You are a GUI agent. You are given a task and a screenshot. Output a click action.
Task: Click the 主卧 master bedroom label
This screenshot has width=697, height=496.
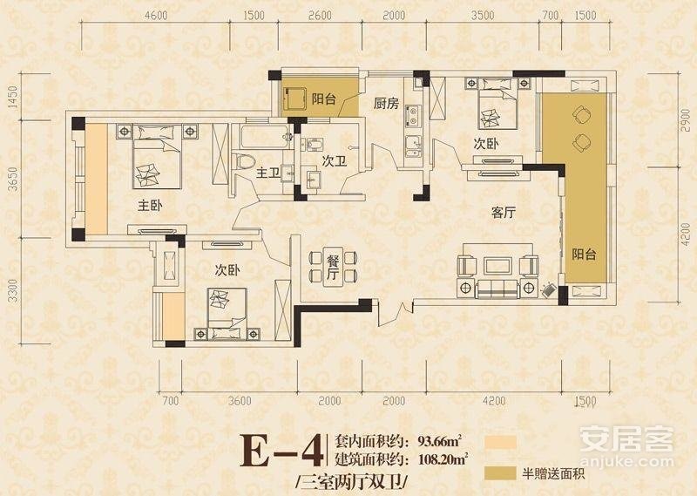tap(150, 206)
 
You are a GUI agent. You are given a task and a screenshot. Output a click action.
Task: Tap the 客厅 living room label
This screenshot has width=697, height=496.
tap(504, 213)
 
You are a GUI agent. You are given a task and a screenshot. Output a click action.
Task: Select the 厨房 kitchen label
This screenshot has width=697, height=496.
tap(386, 104)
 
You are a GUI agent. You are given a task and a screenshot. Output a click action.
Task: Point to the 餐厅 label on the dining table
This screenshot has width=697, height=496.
tap(333, 267)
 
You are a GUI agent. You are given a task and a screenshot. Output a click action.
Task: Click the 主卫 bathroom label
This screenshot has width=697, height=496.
tap(267, 173)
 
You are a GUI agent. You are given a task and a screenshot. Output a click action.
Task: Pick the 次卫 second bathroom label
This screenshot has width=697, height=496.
tap(334, 161)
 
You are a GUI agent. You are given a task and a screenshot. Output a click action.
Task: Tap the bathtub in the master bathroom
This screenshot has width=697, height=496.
tap(266, 137)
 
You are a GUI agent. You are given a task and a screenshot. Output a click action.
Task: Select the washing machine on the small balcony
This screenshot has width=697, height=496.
tap(294, 99)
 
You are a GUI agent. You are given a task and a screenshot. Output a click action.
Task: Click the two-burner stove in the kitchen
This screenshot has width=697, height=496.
tap(413, 116)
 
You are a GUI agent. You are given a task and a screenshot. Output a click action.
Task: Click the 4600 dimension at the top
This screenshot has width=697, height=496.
tap(156, 15)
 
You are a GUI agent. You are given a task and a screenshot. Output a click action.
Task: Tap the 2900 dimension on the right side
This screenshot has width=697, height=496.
tap(686, 119)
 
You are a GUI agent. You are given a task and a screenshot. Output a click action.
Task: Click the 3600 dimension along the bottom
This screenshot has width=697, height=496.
tap(240, 400)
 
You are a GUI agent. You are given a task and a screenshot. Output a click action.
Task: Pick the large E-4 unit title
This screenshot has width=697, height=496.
tap(281, 451)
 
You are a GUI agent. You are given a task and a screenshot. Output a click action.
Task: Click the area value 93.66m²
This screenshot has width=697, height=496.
tap(439, 442)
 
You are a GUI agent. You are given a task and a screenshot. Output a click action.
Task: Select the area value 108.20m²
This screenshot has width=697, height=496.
tap(443, 459)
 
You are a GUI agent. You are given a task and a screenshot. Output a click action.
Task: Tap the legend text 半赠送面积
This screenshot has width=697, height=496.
tap(553, 473)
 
